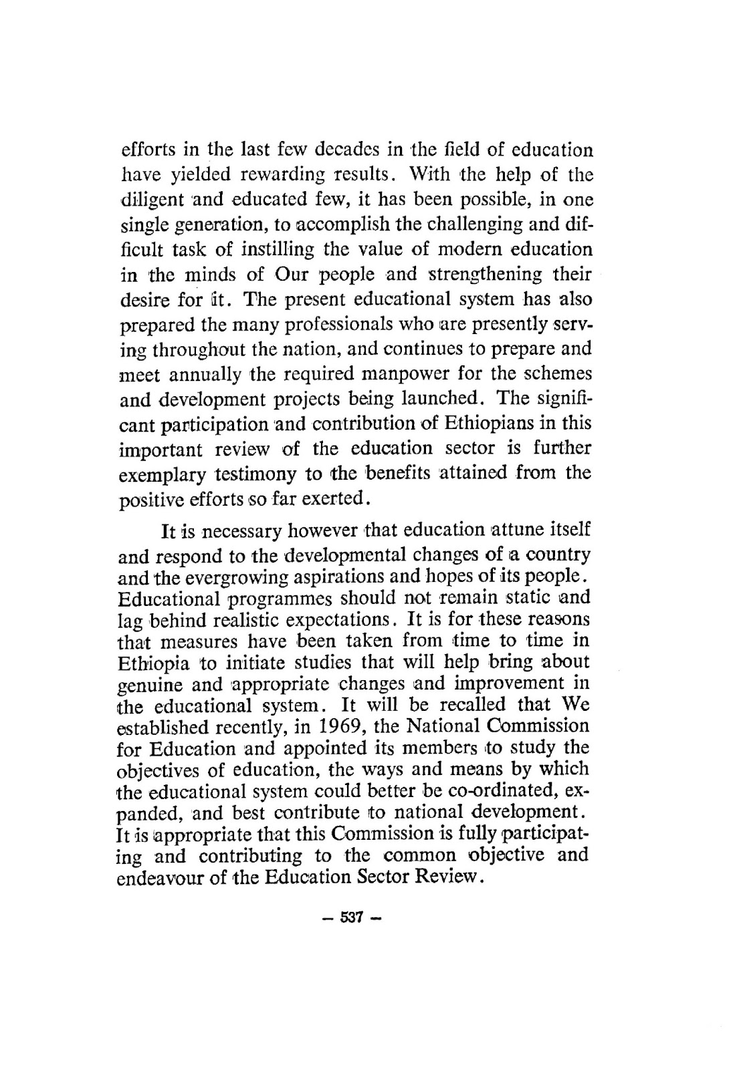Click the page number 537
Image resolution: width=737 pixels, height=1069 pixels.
coord(350,917)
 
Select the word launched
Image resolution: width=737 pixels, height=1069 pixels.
coord(441,399)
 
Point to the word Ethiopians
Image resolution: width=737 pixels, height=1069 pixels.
coord(490,424)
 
